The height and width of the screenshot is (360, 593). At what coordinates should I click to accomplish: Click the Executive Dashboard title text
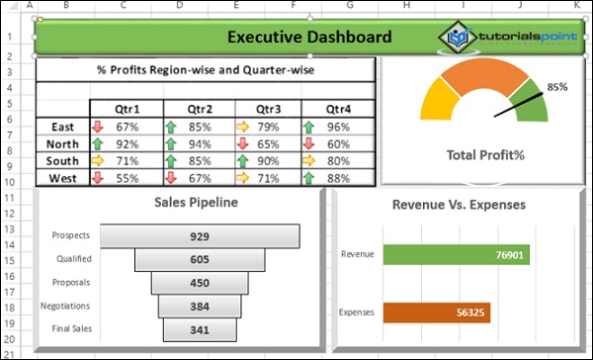coord(308,38)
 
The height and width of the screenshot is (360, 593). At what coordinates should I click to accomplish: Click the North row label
coord(62,143)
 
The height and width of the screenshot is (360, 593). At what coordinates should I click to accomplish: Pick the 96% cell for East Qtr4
coord(338,127)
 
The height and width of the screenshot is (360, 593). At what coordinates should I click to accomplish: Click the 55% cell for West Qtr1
coord(127,178)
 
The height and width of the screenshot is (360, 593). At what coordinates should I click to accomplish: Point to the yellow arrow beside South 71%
coord(97,161)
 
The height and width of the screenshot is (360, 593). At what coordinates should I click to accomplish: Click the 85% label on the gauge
coord(557,87)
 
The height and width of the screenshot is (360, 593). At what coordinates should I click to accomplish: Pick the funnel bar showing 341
coord(201,329)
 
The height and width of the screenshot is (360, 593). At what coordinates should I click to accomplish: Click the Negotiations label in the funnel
coord(65,307)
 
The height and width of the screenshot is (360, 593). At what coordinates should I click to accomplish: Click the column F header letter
coord(294,5)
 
